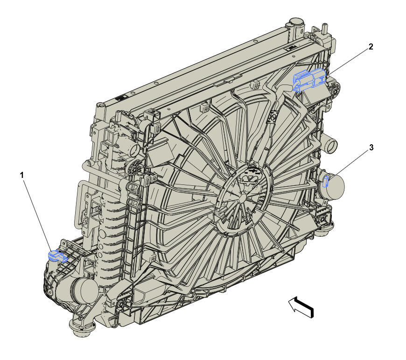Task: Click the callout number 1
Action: click(x=22, y=176)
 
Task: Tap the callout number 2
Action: click(x=371, y=47)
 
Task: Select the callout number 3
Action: click(x=371, y=148)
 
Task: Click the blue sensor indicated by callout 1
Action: click(x=57, y=255)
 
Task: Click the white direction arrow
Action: click(x=301, y=307)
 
